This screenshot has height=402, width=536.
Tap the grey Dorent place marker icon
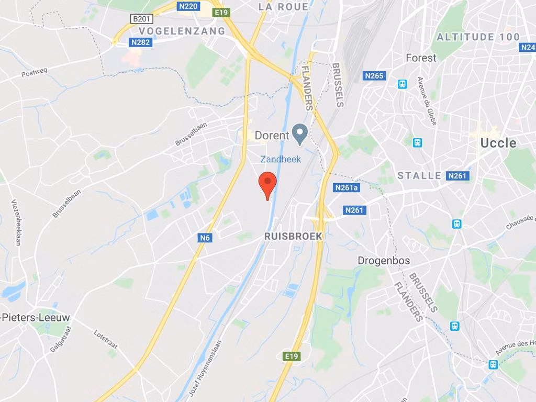[x=299, y=134]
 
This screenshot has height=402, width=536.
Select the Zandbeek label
[x=281, y=159]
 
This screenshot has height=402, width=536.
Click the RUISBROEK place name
[x=293, y=236]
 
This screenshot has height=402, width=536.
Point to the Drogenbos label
[x=384, y=261]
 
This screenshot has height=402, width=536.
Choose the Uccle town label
[x=498, y=143]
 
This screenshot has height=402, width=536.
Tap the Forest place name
[x=421, y=58]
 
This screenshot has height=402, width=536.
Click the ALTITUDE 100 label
[x=478, y=37]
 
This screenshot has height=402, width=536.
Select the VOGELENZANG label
[x=182, y=31]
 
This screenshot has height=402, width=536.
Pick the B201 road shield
[x=141, y=19]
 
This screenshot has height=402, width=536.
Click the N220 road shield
[x=188, y=6]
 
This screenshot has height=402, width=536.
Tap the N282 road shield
[x=140, y=42]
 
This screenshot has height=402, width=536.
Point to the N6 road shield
[x=205, y=238]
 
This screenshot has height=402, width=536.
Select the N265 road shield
[x=374, y=76]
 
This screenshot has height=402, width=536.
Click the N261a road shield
[x=346, y=187]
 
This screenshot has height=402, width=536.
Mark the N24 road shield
[x=528, y=47]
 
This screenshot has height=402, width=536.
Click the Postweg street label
[x=34, y=74]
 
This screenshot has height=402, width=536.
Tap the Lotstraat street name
[x=106, y=339]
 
